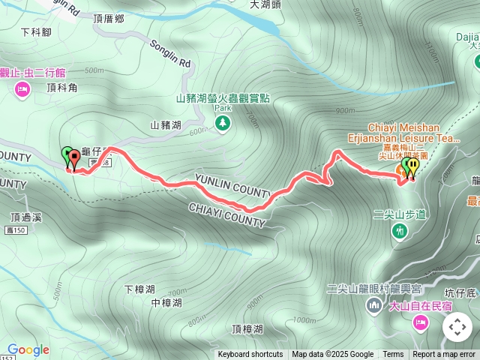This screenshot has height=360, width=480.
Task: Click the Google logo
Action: coord(28,349)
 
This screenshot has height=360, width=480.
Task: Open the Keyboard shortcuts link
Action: coord(250,355)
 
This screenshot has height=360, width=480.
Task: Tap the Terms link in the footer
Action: coord(393,355)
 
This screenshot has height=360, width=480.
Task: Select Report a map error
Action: coord(445,355)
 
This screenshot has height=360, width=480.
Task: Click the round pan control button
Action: coord(457,328)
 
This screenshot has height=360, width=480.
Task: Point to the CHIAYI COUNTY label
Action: coord(226,214)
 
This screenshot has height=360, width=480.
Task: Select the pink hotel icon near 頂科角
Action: coord(22,90)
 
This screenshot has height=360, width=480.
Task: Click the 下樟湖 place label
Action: coord(139,289)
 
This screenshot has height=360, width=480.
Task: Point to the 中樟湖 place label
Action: coord(166,303)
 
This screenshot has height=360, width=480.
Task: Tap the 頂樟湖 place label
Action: coord(247,328)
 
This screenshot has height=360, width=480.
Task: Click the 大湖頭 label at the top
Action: coord(265,4)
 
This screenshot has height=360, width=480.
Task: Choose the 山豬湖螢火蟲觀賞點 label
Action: coord(223,97)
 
